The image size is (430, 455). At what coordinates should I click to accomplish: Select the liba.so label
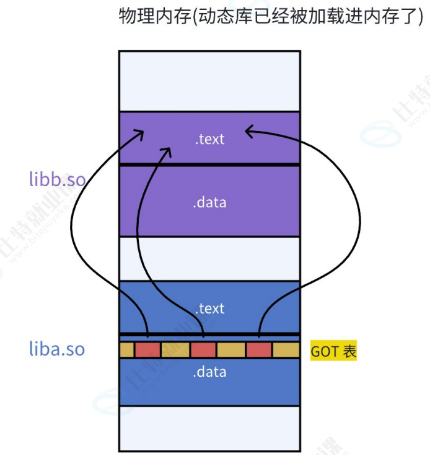coord(56,349)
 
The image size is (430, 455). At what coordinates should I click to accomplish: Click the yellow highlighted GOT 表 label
coord(333,351)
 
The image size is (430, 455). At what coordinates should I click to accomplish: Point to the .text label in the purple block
coord(209,139)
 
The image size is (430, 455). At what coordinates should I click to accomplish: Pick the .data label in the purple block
coord(209,202)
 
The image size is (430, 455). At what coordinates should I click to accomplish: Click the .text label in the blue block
coord(209,309)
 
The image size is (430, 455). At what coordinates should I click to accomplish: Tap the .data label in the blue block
coord(209,372)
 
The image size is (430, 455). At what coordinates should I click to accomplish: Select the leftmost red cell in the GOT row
coord(147,350)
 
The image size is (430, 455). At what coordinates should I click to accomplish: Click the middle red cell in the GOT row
coord(203,350)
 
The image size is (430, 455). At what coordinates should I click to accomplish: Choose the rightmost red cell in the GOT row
coord(259,350)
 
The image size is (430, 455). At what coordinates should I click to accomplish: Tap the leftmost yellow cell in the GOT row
coord(127,350)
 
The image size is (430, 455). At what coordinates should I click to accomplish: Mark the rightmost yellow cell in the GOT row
coord(286,350)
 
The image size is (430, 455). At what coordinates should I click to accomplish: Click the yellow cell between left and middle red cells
coord(175,350)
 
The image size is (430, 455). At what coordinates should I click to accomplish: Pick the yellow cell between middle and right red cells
coord(231,350)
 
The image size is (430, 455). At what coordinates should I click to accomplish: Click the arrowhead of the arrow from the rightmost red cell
coord(248,130)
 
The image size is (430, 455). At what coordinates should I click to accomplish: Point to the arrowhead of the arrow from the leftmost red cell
coord(142,132)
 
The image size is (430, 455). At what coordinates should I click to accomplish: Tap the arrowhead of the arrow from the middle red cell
coord(167,150)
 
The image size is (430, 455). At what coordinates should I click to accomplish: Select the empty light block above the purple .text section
coord(209,81)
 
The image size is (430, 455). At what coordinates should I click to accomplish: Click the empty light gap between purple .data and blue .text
coord(209,258)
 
